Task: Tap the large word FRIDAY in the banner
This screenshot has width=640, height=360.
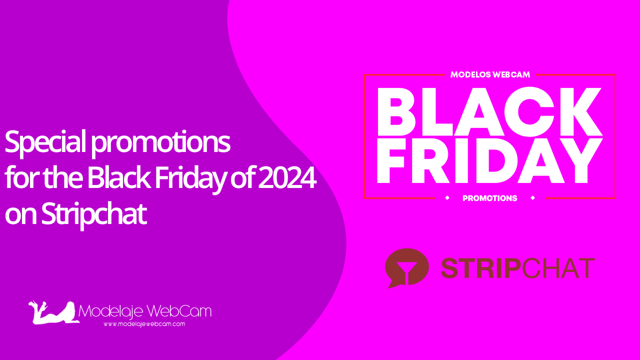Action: click(489, 161)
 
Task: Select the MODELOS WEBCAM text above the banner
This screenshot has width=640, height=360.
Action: click(490, 74)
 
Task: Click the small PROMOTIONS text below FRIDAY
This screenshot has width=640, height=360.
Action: click(490, 198)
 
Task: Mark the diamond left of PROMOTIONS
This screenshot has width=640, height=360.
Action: click(447, 198)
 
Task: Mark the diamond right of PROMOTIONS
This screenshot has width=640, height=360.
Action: click(532, 198)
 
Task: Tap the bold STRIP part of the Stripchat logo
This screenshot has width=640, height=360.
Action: click(480, 268)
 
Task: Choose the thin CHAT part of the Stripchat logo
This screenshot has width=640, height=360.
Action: click(558, 268)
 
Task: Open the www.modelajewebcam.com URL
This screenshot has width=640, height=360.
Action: click(144, 324)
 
